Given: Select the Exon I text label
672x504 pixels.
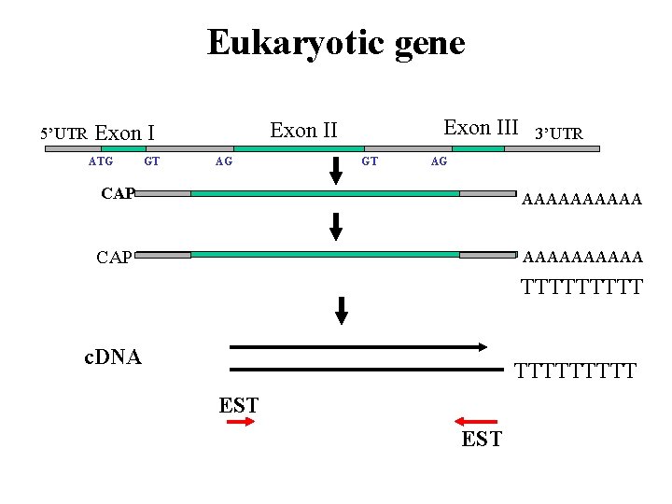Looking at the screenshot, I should tap(125, 133).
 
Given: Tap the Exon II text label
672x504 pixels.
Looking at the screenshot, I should tap(303, 130).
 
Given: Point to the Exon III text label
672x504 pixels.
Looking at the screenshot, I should tap(481, 128).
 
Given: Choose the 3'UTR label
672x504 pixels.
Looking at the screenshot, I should tap(557, 134).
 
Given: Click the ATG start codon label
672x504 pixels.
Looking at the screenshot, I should tap(101, 161).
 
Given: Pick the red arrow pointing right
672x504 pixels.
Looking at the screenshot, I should tap(241, 423).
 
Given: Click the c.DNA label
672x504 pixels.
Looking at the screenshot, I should tap(112, 357).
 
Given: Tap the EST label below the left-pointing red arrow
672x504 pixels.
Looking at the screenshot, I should tap(482, 440).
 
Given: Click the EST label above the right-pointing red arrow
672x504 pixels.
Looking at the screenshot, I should tap(238, 405).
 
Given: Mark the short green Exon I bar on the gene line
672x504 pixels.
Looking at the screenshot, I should tap(123, 148).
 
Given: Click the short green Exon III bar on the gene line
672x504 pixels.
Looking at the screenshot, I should tap(478, 148).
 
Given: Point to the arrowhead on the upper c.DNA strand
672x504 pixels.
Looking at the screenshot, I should tap(482, 346).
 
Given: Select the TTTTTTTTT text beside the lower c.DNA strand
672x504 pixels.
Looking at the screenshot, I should tap(575, 371).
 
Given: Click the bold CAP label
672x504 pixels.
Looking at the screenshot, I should tap(118, 193).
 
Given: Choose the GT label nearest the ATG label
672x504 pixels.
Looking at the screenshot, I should tap(151, 161).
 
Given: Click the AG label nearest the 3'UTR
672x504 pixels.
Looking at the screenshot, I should tap(439, 161).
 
